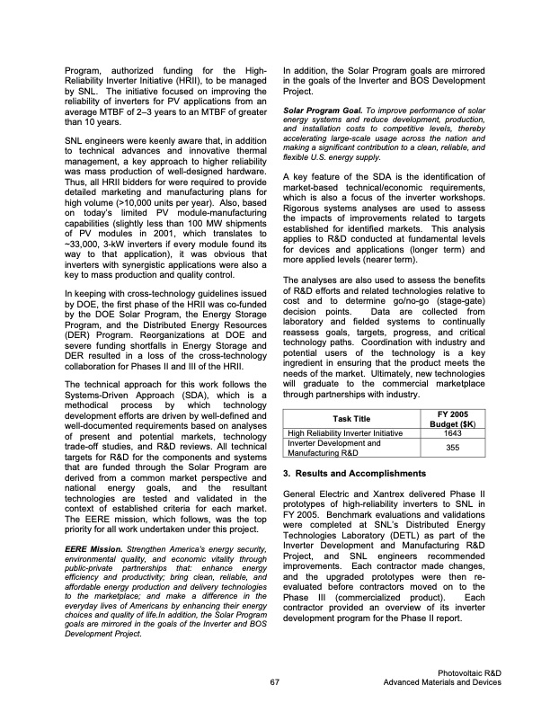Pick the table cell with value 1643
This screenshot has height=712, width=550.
tap(453, 432)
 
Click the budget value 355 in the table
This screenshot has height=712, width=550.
tap(453, 447)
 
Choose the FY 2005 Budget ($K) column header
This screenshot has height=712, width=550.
tap(453, 417)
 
